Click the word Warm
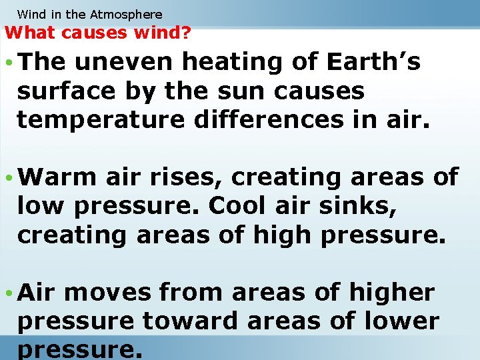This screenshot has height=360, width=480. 57,177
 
